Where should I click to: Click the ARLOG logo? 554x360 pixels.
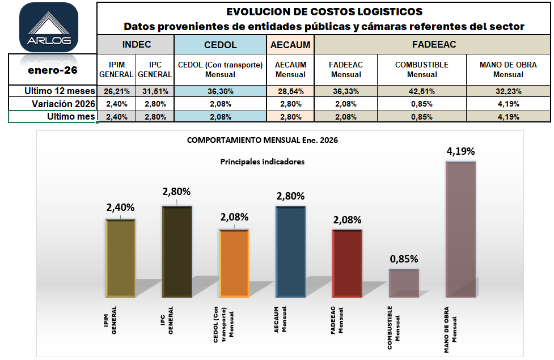point(48,27)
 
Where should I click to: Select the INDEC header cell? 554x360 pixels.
point(136,44)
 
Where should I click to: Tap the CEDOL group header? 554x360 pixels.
point(220,44)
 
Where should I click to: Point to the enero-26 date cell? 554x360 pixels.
point(53,70)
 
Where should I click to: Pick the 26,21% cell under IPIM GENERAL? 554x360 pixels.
point(116,91)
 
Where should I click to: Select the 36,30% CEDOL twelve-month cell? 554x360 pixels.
point(220,91)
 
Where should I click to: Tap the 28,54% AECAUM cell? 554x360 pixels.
point(290,91)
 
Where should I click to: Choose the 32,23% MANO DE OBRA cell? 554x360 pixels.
point(508,91)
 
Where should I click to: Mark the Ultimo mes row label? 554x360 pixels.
point(69,116)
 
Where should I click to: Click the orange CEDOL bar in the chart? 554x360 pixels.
point(234,263)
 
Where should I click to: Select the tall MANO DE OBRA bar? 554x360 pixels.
point(460,229)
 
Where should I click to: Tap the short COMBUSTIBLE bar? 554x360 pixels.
point(404,283)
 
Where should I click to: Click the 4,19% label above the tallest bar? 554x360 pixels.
point(460,151)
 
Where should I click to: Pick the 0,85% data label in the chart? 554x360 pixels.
point(404,259)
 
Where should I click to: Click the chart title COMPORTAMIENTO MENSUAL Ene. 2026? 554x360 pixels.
point(262,140)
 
